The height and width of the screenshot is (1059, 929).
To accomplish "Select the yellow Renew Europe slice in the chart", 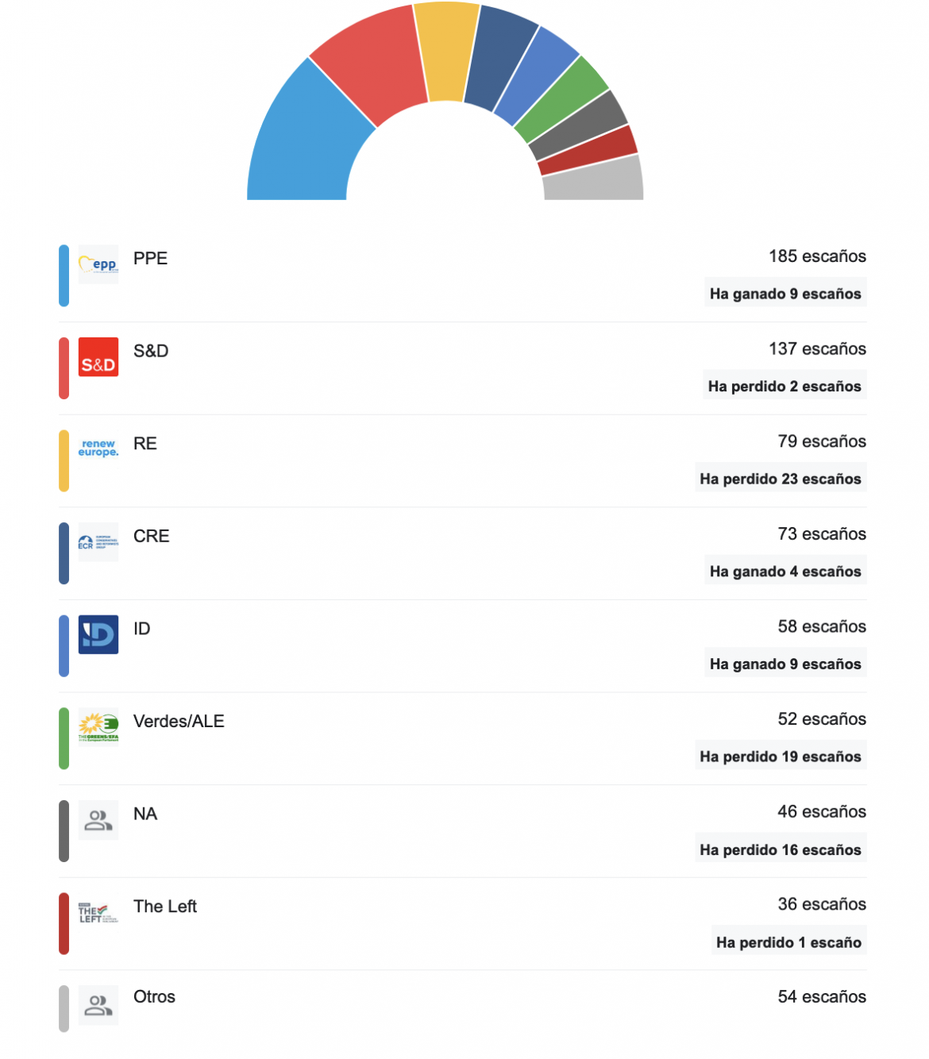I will (446, 52).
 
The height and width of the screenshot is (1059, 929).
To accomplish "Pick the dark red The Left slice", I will (588, 151).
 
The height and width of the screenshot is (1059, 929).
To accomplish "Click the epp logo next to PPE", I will (98, 264).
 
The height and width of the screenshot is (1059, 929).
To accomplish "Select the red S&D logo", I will (98, 357).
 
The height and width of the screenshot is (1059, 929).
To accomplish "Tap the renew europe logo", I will (98, 449).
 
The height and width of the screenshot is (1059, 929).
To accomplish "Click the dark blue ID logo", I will (98, 635).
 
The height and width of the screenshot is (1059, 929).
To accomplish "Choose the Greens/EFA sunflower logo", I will (98, 727).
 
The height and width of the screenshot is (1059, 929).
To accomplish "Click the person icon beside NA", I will (98, 820).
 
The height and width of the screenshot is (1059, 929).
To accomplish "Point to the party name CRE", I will (152, 537).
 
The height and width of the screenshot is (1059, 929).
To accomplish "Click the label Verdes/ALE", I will (179, 722).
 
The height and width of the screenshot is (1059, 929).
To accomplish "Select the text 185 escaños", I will (817, 256).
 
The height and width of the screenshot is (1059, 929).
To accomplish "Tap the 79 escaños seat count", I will (822, 441).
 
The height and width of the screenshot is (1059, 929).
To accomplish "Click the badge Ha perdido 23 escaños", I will (781, 479).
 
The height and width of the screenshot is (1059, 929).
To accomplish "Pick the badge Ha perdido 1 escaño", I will (788, 943).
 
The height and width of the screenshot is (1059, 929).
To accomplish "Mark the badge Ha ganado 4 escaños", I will (785, 572).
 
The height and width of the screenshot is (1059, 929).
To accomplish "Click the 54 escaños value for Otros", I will (822, 997).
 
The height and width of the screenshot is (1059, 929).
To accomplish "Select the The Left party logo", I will (98, 913).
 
